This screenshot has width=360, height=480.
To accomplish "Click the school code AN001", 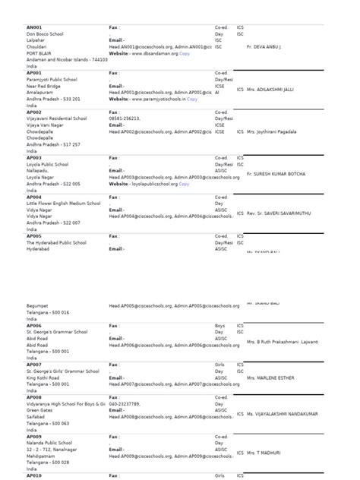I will click(x=34, y=27).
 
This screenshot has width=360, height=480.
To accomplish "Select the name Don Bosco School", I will click(x=45, y=34).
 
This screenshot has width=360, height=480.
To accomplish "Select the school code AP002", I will click(x=34, y=112).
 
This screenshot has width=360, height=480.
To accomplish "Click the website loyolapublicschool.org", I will click(x=154, y=184).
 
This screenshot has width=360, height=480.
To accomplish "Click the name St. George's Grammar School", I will click(x=57, y=332).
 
